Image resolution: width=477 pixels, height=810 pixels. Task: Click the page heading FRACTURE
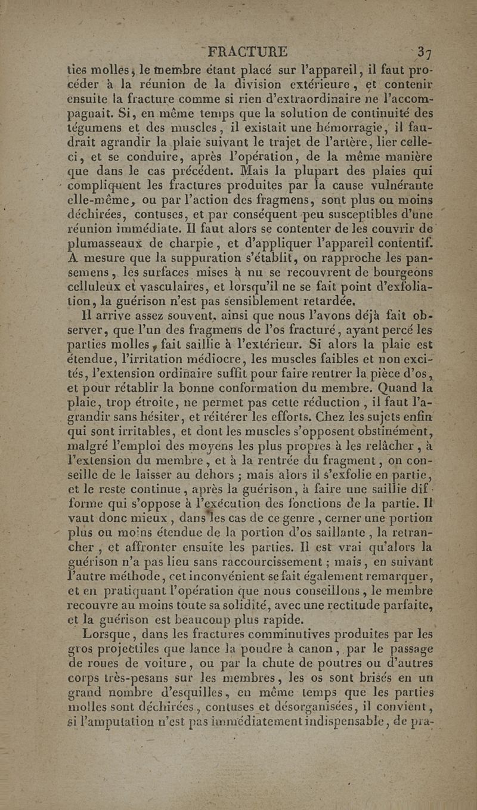point(246,51)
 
